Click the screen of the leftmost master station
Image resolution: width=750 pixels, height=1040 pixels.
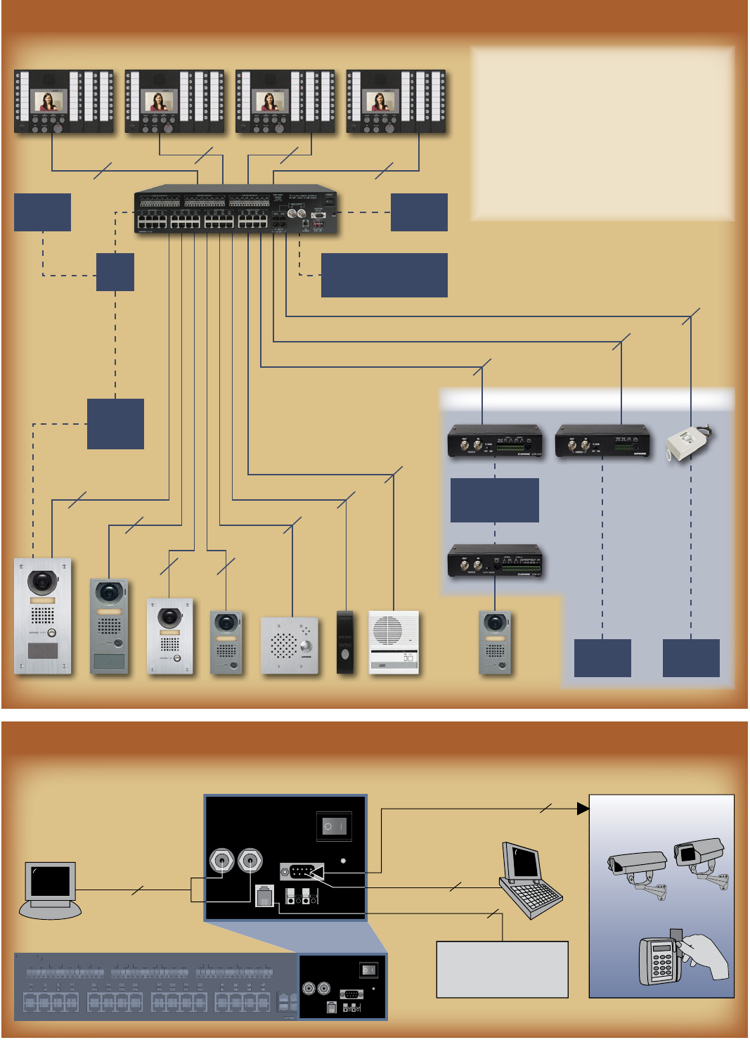(x=49, y=101)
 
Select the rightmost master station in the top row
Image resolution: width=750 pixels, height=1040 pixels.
(x=396, y=102)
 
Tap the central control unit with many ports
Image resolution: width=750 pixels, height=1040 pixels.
(x=235, y=210)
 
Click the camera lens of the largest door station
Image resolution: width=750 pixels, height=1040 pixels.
(x=42, y=582)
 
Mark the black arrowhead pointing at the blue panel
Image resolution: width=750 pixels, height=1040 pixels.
(x=583, y=809)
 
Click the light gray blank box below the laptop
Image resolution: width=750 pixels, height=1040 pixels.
(x=502, y=969)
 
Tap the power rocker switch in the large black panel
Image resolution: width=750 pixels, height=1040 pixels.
(x=334, y=826)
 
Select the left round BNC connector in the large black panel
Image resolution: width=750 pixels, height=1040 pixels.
(x=221, y=860)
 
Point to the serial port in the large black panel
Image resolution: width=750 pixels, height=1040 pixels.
(x=302, y=872)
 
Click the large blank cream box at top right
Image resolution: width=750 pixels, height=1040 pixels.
(x=602, y=134)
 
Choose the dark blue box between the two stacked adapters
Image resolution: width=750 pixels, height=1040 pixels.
(x=494, y=500)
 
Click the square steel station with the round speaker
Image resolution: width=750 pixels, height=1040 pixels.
(x=289, y=646)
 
